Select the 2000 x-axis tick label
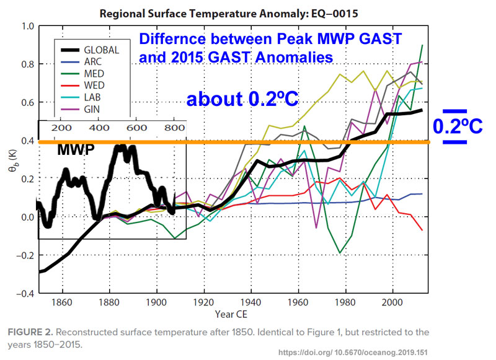pyautogui.click(x=388, y=304)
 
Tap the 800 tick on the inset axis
pyautogui.click(x=174, y=128)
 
